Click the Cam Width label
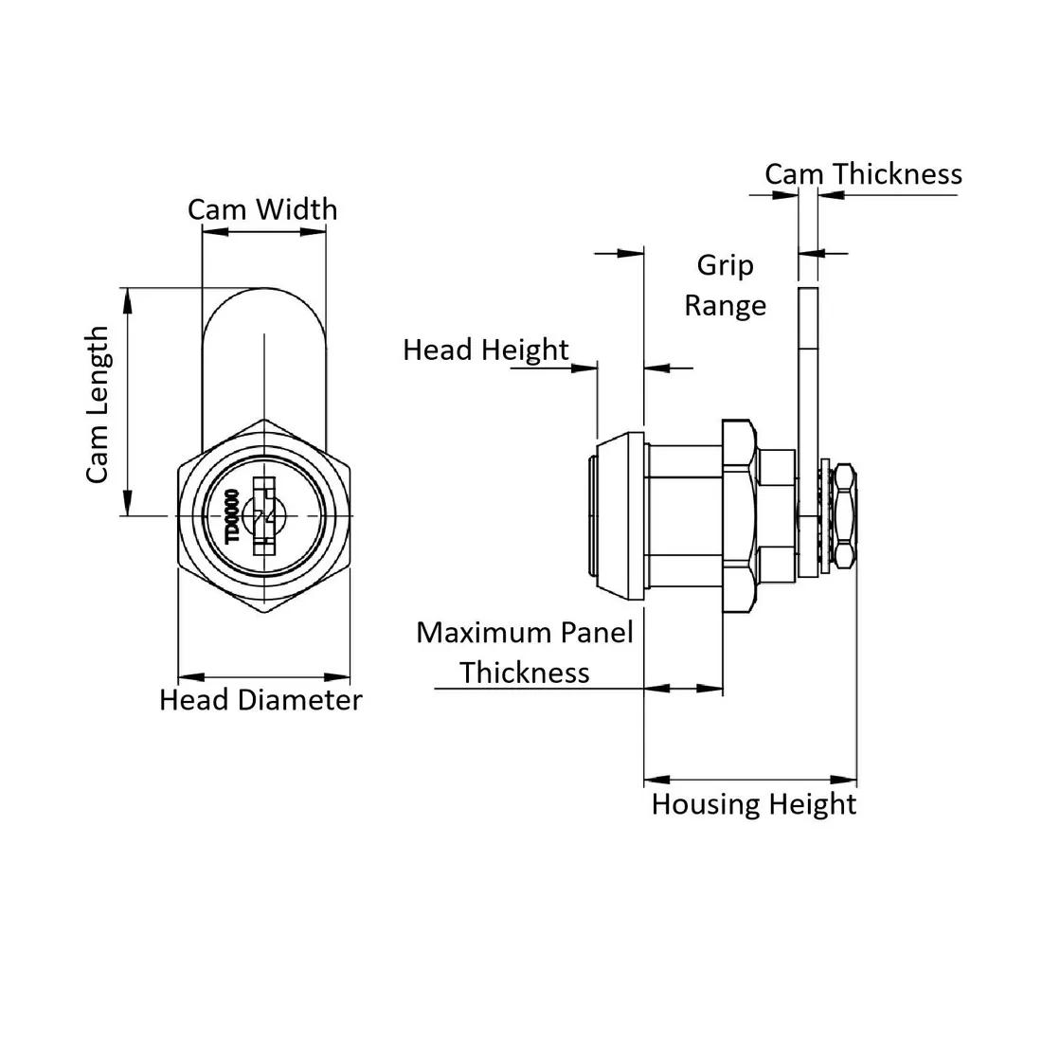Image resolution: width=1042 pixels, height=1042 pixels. pos(262,209)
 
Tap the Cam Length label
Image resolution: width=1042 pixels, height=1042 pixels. pos(98,404)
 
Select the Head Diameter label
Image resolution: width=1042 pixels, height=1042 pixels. pos(260,700)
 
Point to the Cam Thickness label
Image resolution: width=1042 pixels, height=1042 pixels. pos(863,174)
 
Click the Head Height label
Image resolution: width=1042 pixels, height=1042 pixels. pos(486,350)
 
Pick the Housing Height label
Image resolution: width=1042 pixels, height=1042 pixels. pos(754,805)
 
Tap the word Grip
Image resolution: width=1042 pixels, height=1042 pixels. pos(725,266)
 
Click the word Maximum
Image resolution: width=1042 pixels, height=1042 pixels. pos(483,633)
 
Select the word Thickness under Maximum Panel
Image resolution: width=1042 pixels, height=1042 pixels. pos(525,674)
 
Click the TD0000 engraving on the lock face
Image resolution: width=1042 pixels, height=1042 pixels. pos(232,516)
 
